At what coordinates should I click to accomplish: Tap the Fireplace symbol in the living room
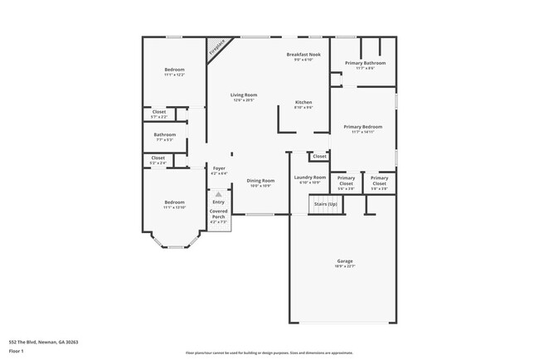coord(216,47)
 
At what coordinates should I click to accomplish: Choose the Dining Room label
coord(261,182)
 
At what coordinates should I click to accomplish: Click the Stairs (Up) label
coord(324,204)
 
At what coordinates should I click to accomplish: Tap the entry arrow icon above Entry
coord(219,195)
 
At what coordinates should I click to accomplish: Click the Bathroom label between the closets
coord(164,137)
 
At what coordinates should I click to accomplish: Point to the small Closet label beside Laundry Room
coord(319,156)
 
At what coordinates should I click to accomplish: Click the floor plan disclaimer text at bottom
coord(269,352)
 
